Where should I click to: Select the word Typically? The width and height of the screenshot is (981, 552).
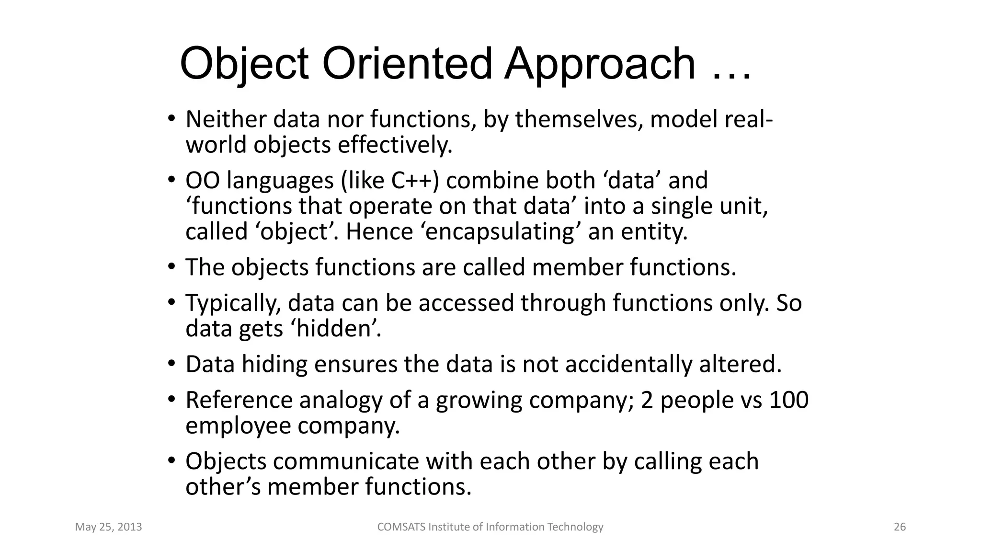pos(233,303)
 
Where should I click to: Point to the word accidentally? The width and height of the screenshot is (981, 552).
pos(629,364)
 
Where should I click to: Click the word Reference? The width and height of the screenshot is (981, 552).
pos(239,400)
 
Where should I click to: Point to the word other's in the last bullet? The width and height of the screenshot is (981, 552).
pos(222,487)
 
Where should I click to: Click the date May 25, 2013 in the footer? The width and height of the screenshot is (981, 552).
pos(109,527)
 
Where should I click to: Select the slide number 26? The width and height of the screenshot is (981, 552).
pos(900,527)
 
